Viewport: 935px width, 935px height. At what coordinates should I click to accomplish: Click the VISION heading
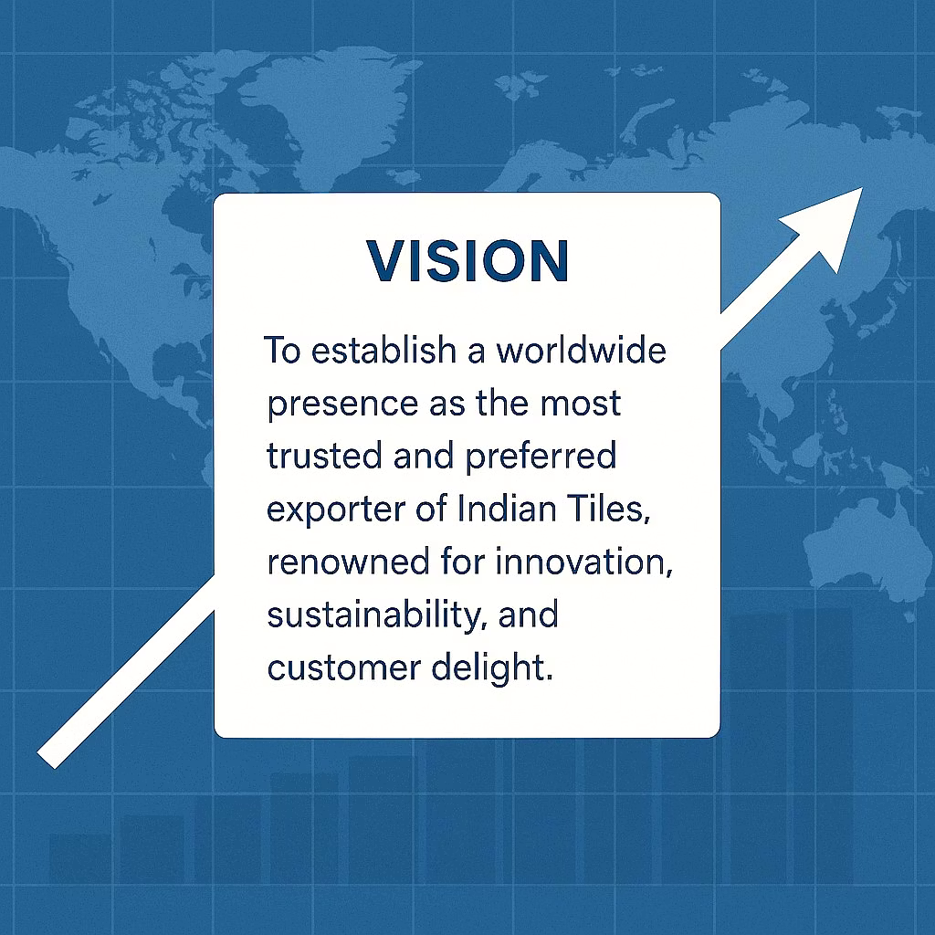[467, 260]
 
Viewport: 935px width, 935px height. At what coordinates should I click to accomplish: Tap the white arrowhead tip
[862, 188]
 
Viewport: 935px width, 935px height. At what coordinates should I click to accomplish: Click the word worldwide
[582, 350]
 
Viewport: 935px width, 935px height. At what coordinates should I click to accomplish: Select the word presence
[343, 404]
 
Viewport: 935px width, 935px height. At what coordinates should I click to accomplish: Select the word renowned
[348, 562]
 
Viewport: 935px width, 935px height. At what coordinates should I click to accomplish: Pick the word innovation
[583, 562]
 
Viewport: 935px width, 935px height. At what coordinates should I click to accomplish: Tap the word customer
[344, 668]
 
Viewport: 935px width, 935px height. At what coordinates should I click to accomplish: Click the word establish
[383, 350]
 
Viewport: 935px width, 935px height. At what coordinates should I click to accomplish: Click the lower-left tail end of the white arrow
[46, 760]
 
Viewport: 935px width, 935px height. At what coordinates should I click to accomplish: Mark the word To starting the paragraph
[281, 350]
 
